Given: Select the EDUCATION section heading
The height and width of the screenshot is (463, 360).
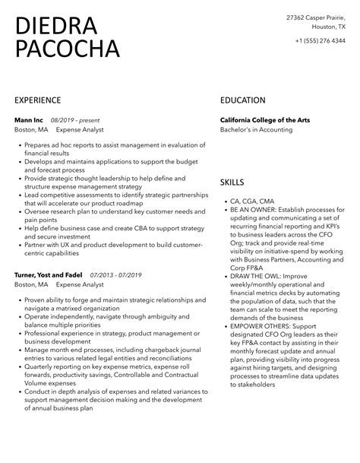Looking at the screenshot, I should click(x=243, y=100).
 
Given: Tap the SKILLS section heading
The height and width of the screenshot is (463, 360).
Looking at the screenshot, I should click(x=232, y=182).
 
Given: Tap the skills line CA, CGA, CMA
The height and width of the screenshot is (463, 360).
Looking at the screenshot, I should click(x=251, y=201).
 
